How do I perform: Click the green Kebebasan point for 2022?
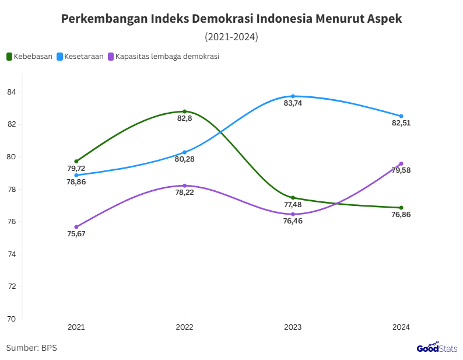coord(184,111)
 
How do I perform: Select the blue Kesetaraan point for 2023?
coord(293,96)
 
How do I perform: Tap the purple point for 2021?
coord(76,227)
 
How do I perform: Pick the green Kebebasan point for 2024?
coord(401,208)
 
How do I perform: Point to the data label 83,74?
coord(293,103)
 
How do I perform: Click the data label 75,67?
coord(76,234)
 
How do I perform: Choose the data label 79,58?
coord(401,170)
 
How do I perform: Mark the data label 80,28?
coord(184,159)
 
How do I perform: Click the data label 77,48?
coord(293,205)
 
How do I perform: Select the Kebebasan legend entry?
coord(30,57)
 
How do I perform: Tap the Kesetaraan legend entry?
coord(80,57)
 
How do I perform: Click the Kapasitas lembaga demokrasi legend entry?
coord(163,57)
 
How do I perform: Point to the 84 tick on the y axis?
coord(11,92)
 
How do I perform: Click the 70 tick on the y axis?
coord(11,319)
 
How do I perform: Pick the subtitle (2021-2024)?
coord(232,37)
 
